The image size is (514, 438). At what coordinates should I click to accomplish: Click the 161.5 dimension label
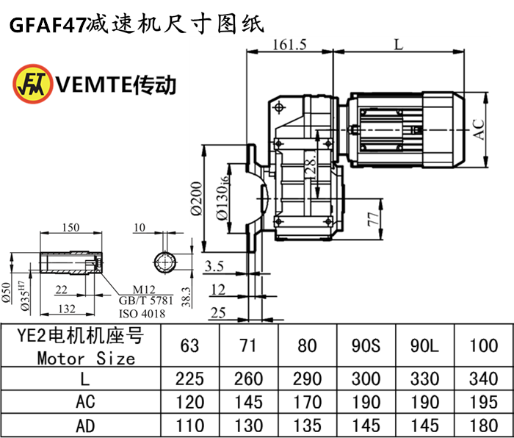(289, 44)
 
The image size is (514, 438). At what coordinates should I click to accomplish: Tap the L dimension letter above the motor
(397, 44)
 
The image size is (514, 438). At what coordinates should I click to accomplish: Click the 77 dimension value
(373, 219)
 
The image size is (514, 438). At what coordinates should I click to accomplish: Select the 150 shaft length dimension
(71, 227)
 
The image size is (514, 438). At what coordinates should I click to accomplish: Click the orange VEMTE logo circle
(29, 83)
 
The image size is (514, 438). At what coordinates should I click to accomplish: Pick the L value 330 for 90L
(424, 378)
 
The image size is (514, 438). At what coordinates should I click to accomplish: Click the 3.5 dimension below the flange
(214, 265)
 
